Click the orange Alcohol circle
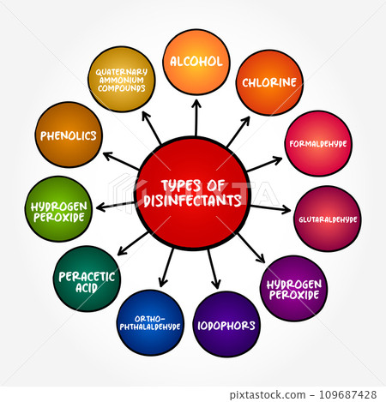196,62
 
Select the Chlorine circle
269,82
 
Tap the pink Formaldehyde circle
318,143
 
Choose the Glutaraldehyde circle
328,219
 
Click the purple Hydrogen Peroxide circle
294,289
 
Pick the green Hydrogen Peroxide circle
58,209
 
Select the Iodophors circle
226,324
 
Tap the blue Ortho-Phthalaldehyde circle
150,323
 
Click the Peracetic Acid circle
87,279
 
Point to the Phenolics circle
69,135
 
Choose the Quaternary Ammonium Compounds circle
122,79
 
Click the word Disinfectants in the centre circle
192,200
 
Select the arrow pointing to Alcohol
196,117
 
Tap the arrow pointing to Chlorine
238,132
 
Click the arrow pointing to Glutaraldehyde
270,208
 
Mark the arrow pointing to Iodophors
214,269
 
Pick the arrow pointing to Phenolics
121,161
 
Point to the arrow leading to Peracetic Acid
133,243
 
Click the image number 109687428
347,394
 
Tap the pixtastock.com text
268,395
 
